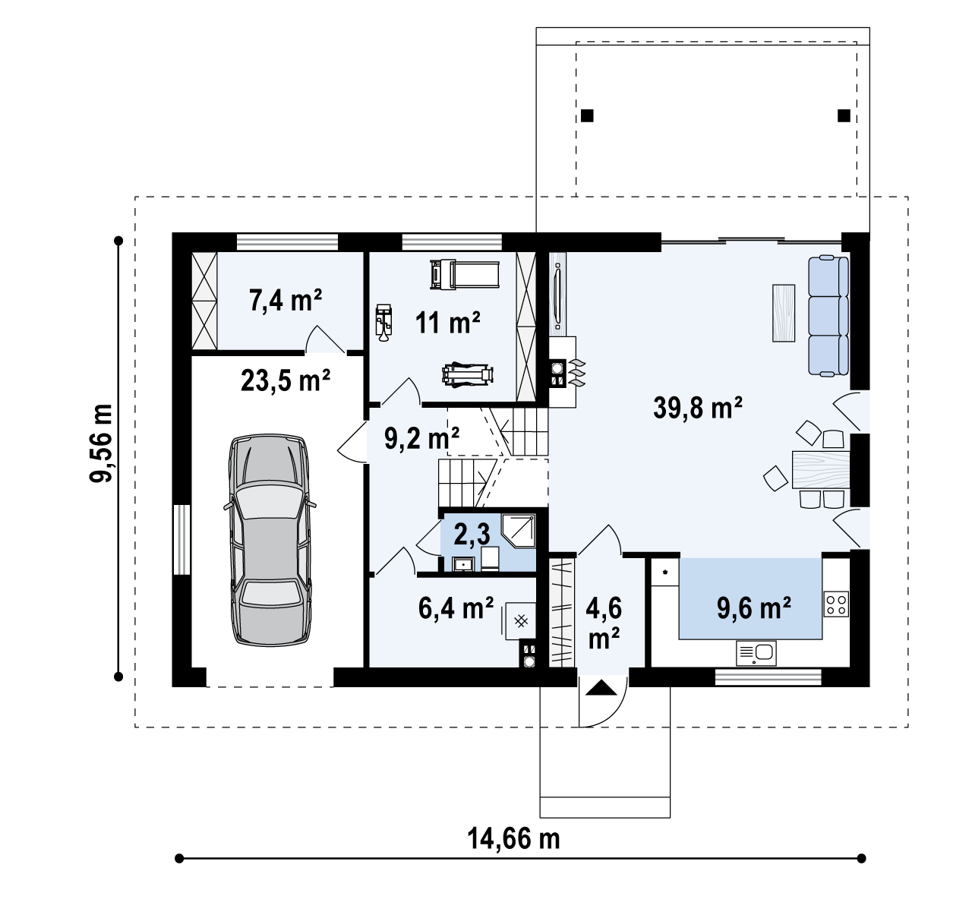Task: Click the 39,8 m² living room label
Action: coord(697,409)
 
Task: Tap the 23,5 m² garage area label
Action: coord(286,380)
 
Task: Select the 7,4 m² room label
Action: coord(286,300)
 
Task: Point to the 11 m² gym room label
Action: coord(447,323)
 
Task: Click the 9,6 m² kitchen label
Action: coord(754,608)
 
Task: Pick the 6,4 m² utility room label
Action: coord(456,608)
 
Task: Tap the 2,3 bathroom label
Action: coord(472,534)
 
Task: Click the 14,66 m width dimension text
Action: coord(513,838)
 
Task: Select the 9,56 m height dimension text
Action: coord(101,443)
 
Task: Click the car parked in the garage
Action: coord(270,540)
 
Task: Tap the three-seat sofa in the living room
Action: coord(828,316)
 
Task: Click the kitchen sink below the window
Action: coord(756,653)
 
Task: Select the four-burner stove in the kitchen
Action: coord(836,604)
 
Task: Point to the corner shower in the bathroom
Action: coord(519,531)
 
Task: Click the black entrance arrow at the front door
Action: coord(601,688)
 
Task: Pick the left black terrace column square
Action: coord(587,116)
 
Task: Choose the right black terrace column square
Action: coord(844,116)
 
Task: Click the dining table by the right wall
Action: coord(821,470)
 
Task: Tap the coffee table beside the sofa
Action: coord(784,313)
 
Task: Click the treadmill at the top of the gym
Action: coord(465,275)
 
